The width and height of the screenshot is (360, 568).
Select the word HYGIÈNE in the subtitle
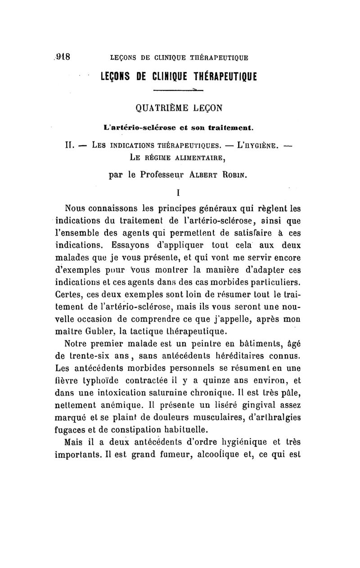pyautogui.click(x=262, y=145)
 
